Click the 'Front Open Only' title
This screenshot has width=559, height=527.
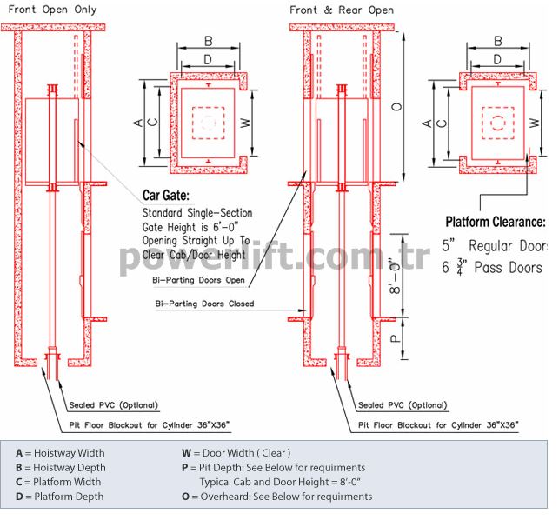click(x=52, y=10)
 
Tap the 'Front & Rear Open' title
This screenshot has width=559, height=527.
click(x=342, y=10)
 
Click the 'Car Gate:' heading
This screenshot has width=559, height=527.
click(x=166, y=195)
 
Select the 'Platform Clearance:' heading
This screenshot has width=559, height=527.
click(x=496, y=222)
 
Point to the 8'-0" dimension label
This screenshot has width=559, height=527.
click(x=396, y=276)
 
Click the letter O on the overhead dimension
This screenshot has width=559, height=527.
click(x=396, y=106)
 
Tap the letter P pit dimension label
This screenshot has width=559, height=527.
click(x=396, y=338)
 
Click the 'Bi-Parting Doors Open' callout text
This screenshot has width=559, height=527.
click(x=198, y=280)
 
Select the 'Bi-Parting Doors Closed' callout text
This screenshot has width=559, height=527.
click(x=204, y=304)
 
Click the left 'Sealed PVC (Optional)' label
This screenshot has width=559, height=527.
click(x=113, y=405)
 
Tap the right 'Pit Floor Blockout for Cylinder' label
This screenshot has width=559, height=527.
click(x=438, y=425)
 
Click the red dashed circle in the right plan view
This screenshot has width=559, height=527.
click(x=497, y=123)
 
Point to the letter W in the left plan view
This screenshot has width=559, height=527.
click(x=245, y=123)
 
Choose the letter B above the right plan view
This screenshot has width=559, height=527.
click(x=498, y=42)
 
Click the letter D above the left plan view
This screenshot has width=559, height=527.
click(x=208, y=59)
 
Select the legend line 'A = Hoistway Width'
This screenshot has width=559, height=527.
click(x=60, y=453)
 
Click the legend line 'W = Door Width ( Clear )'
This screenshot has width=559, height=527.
click(x=236, y=453)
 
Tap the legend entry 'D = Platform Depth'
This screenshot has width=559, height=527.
click(x=59, y=497)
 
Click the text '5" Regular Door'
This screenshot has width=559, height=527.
click(x=495, y=246)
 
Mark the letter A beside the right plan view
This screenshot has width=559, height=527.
click(x=427, y=123)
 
